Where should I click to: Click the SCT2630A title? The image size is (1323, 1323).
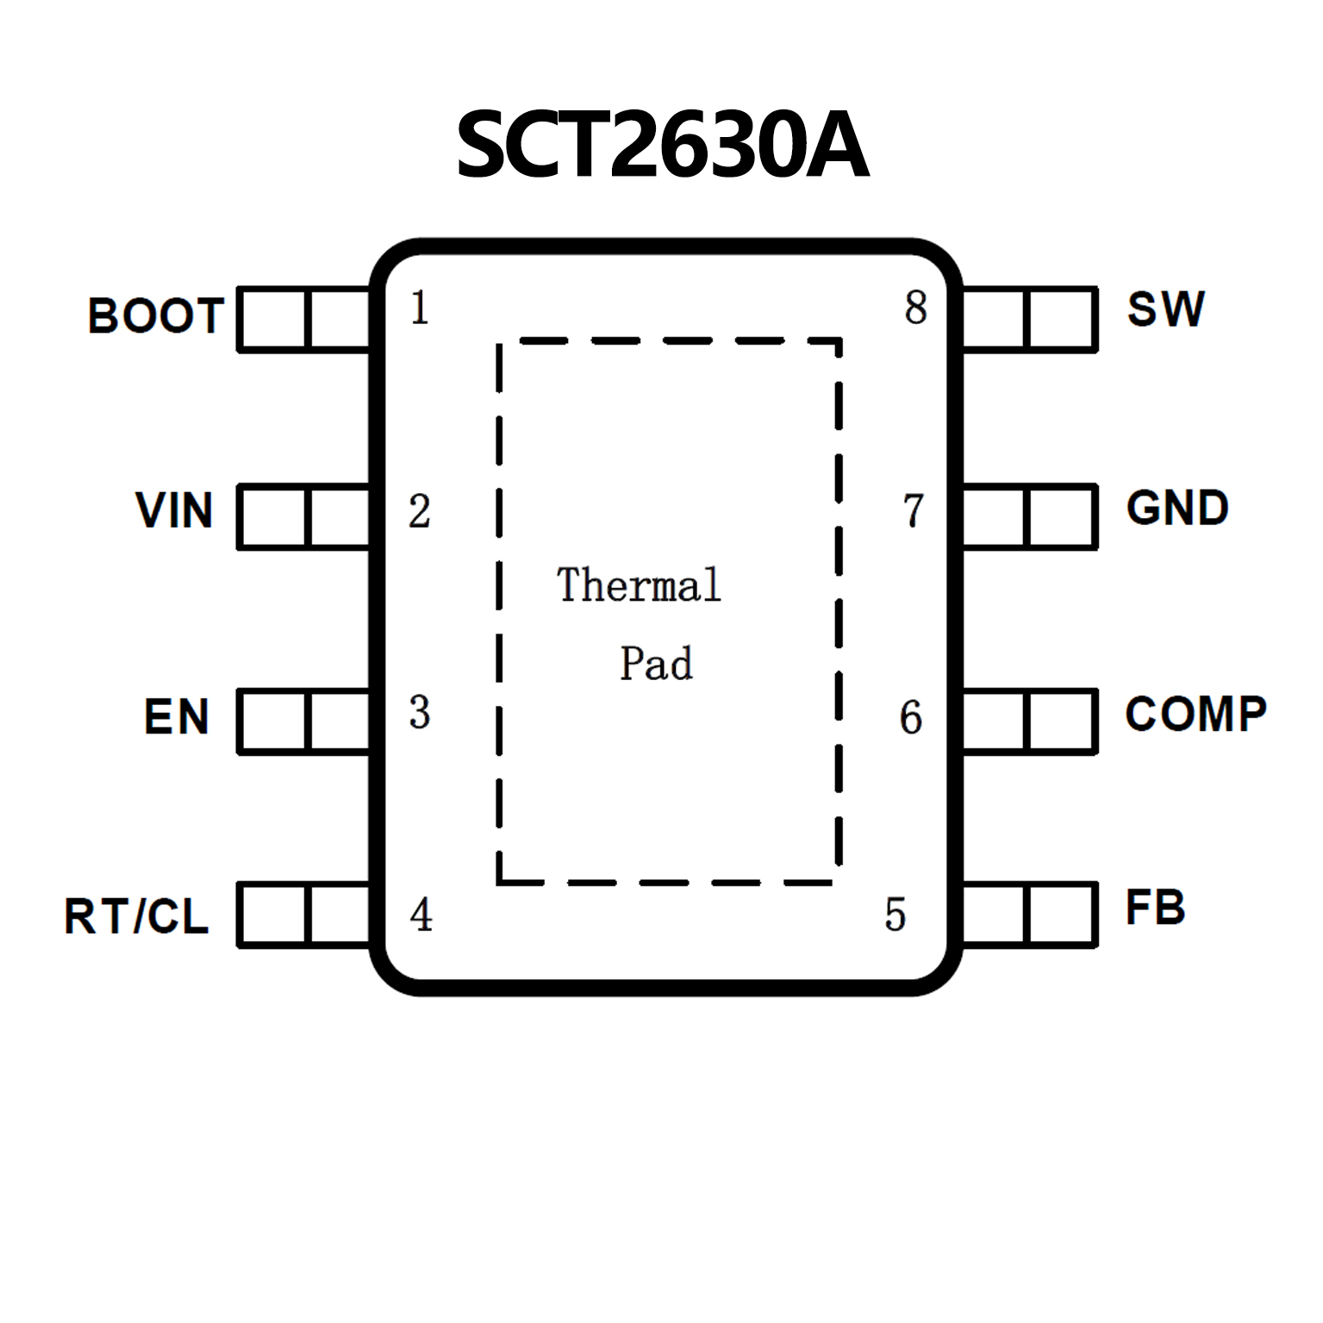pyautogui.click(x=661, y=145)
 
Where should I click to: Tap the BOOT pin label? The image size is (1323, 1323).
pyautogui.click(x=156, y=315)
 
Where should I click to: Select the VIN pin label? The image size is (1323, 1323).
pyautogui.click(x=174, y=509)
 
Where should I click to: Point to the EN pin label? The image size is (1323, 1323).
pyautogui.click(x=177, y=717)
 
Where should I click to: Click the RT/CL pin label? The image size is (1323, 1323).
pyautogui.click(x=136, y=915)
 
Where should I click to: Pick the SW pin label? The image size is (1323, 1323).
pyautogui.click(x=1165, y=309)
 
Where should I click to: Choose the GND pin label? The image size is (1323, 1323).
pyautogui.click(x=1177, y=508)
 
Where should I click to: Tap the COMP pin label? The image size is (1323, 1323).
pyautogui.click(x=1195, y=714)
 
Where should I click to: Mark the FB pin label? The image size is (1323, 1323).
pyautogui.click(x=1155, y=908)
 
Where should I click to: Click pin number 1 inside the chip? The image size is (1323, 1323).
pyautogui.click(x=420, y=308)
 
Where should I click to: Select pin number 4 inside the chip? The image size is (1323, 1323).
pyautogui.click(x=421, y=914)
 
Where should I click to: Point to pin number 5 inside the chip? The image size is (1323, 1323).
pyautogui.click(x=896, y=914)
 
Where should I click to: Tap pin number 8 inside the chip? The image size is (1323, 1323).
pyautogui.click(x=915, y=308)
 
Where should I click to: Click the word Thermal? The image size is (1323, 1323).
pyautogui.click(x=638, y=585)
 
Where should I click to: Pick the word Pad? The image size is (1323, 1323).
pyautogui.click(x=656, y=663)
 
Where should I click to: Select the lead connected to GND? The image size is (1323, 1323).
pyautogui.click(x=1028, y=516)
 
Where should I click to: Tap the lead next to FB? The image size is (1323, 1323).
pyautogui.click(x=1028, y=914)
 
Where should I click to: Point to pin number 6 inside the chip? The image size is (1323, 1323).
pyautogui.click(x=911, y=717)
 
